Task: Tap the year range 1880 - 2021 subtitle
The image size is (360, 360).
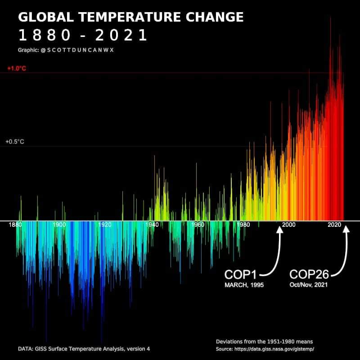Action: pyautogui.click(x=83, y=35)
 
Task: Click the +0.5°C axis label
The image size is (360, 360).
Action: pyautogui.click(x=15, y=142)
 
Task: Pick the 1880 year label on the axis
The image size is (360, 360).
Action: pyautogui.click(x=15, y=225)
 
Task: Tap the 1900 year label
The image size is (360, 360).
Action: pyautogui.click(x=59, y=225)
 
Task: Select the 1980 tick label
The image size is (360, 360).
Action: pyautogui.click(x=243, y=225)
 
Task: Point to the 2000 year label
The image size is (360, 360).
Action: pyautogui.click(x=288, y=225)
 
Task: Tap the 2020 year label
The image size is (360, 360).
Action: pyautogui.click(x=334, y=225)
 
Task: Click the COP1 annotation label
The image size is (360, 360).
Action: pyautogui.click(x=241, y=274)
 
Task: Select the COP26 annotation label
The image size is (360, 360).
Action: pyautogui.click(x=309, y=274)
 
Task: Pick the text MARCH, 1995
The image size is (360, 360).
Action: pyautogui.click(x=244, y=285)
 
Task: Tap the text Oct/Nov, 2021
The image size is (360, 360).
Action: pyautogui.click(x=309, y=285)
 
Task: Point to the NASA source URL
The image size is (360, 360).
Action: pyautogui.click(x=265, y=349)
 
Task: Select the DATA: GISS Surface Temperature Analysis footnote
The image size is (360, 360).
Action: pyautogui.click(x=84, y=349)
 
